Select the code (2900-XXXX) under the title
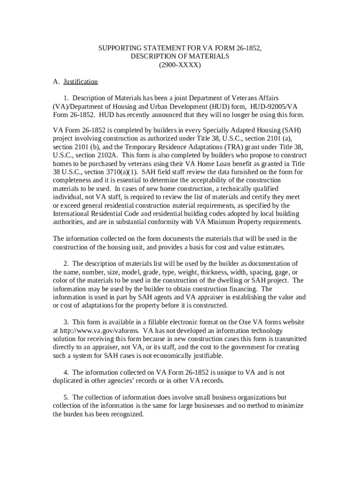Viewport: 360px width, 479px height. tap(180, 65)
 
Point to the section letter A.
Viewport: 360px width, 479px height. tap(56, 82)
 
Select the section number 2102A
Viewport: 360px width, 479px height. tap(106, 154)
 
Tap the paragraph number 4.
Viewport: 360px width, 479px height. tap(66, 372)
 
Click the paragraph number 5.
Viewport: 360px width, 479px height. tap(66, 397)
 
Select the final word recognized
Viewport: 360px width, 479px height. tap(126, 414)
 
